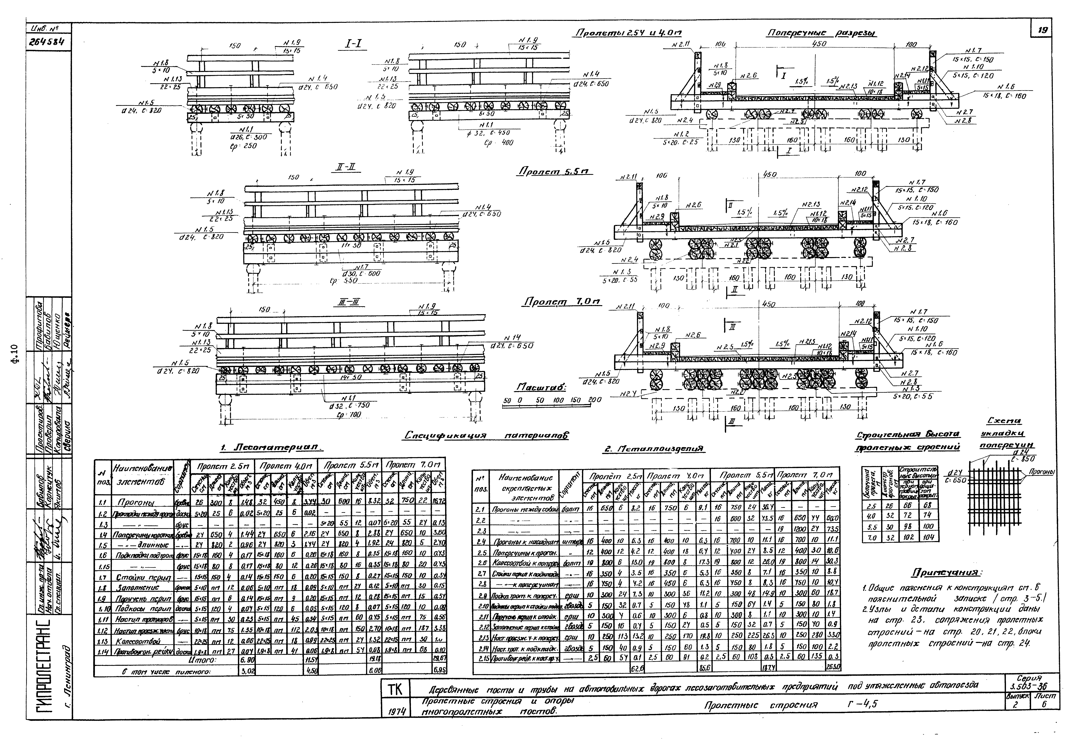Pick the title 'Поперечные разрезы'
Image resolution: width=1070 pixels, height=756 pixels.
822,33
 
